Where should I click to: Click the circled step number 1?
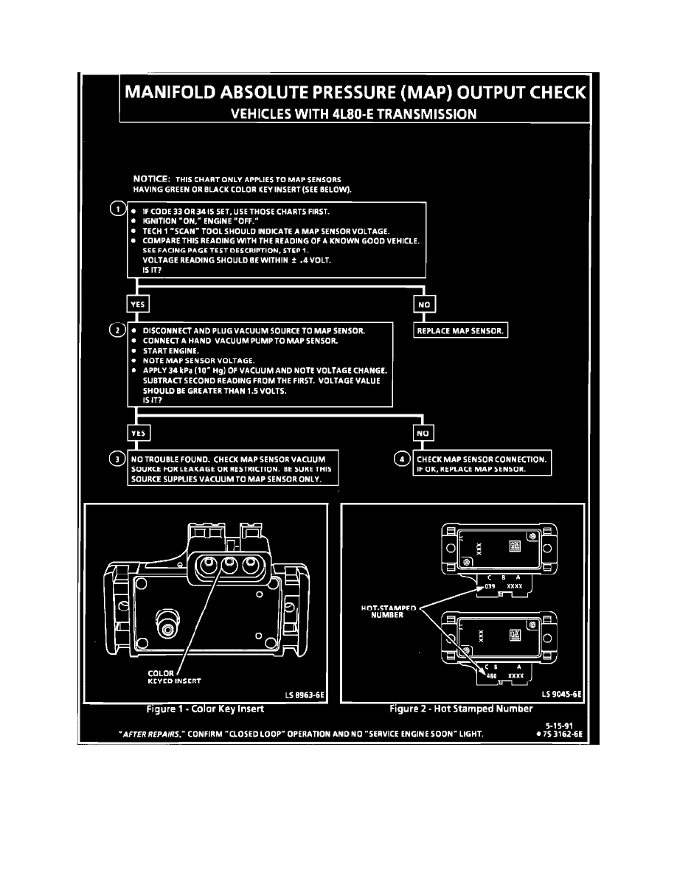(x=116, y=209)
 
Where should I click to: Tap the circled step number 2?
(x=116, y=329)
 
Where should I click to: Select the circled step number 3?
(x=116, y=459)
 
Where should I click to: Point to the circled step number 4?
(x=401, y=459)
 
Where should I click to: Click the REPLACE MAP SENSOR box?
(x=461, y=330)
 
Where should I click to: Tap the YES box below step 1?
(x=138, y=303)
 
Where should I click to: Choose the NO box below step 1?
(x=425, y=303)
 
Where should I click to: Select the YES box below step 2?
(x=138, y=433)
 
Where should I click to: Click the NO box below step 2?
(x=423, y=433)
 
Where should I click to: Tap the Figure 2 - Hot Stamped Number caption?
(x=461, y=709)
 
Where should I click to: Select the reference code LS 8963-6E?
(x=305, y=694)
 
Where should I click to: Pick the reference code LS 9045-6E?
(x=561, y=694)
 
